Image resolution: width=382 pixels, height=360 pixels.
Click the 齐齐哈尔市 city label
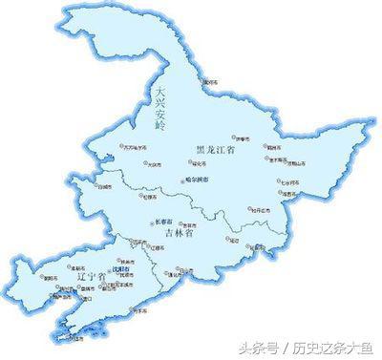[x=138, y=147]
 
